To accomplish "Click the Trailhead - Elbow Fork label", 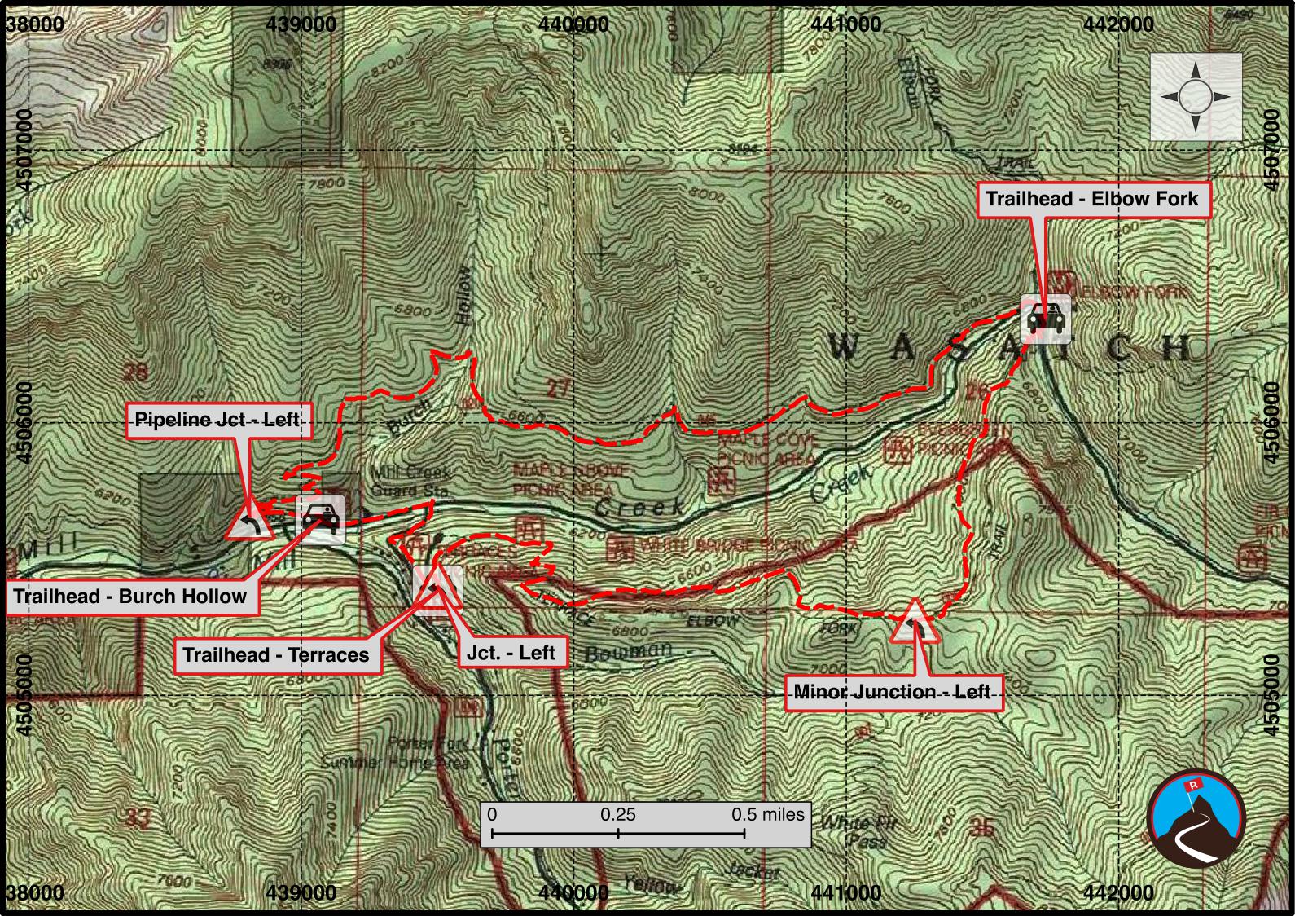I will tap(1092, 199).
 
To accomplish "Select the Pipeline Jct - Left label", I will tap(217, 420).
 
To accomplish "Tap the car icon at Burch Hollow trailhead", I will tap(321, 518).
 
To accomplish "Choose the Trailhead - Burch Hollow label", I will tap(130, 596).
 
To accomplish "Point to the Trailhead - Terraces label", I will tap(276, 654).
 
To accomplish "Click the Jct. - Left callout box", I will tap(511, 652).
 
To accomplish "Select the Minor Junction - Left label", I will tap(892, 692).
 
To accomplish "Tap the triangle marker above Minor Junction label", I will tap(914, 623).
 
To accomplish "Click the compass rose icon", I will tap(1195, 97).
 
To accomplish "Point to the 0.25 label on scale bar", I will tap(618, 814).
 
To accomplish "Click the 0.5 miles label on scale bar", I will tap(767, 814).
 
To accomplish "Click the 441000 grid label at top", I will tap(846, 24).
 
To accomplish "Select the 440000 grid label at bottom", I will tap(573, 892).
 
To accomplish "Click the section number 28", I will tap(135, 373).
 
